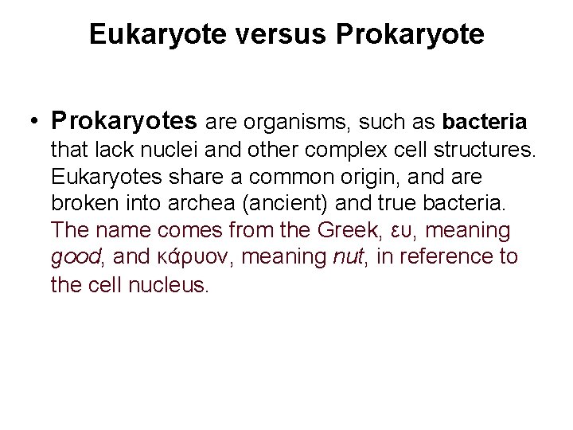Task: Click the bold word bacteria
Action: coord(485,123)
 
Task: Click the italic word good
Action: coord(72,257)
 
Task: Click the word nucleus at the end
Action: coord(168,284)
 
